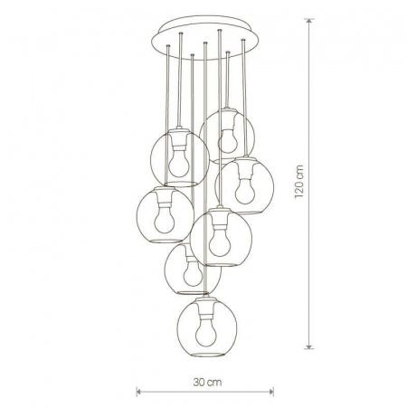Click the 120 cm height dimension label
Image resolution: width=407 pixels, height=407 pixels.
tap(298, 182)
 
